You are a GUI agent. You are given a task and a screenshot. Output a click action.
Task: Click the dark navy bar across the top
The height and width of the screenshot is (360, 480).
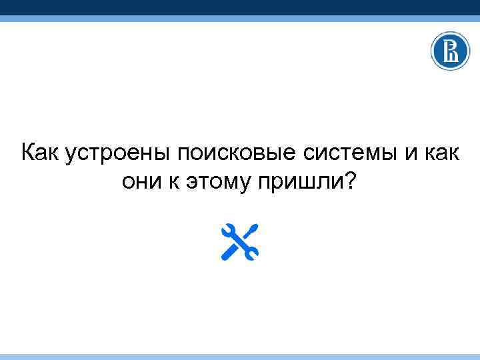(240, 7)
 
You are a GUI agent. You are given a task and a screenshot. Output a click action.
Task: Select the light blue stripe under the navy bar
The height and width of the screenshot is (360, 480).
(240, 19)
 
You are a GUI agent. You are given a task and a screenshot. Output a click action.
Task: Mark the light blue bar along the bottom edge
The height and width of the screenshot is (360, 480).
(240, 357)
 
